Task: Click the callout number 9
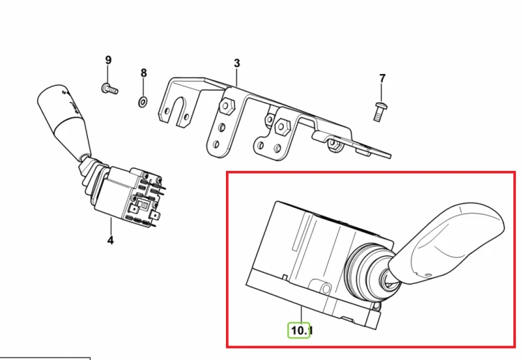(108, 60)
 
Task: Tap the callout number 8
(144, 73)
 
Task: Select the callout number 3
(237, 63)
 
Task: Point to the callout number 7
(382, 78)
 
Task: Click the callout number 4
(110, 240)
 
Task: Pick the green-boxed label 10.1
(300, 330)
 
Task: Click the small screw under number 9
(109, 89)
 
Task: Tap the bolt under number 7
(379, 112)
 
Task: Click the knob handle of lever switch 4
(64, 120)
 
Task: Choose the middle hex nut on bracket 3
(283, 127)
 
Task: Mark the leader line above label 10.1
(301, 314)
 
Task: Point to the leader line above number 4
(111, 226)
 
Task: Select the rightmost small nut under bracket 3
(333, 144)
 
